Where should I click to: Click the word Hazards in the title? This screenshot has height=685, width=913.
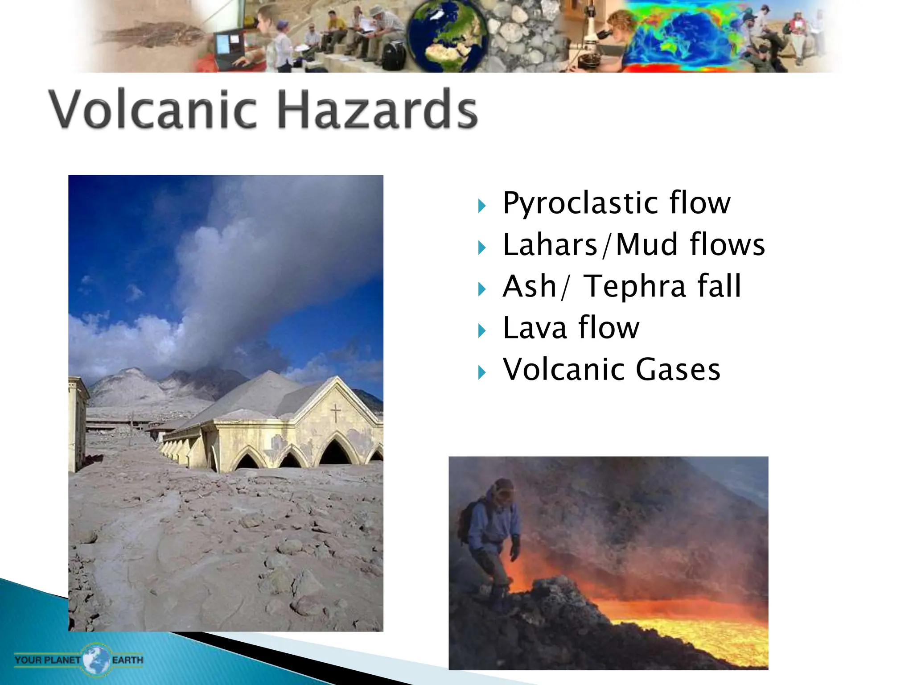click(x=377, y=109)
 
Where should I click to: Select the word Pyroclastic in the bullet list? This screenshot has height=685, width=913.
click(x=580, y=203)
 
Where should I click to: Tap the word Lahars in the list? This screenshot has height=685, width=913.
click(x=550, y=245)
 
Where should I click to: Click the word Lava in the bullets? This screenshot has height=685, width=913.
click(x=535, y=328)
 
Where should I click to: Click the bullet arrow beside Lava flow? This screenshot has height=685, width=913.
click(x=481, y=331)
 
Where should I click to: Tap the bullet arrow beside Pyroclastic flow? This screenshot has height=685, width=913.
click(x=481, y=206)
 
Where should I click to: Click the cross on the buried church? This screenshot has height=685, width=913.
click(x=335, y=413)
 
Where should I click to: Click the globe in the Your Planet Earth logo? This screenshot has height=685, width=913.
click(x=96, y=659)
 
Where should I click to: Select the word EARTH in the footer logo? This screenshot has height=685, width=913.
click(x=127, y=660)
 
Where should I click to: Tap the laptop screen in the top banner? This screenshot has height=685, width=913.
click(x=229, y=44)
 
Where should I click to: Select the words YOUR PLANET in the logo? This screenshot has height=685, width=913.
click(x=47, y=660)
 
